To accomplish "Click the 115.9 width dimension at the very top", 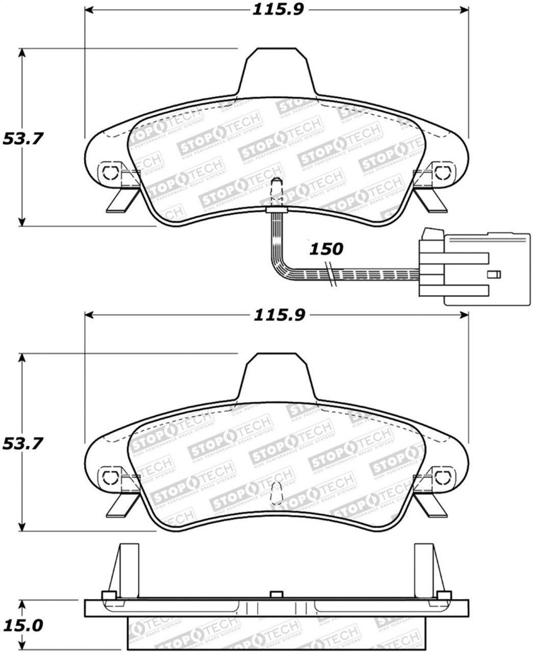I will pyautogui.click(x=277, y=10).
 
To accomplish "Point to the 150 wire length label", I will pyautogui.click(x=327, y=249).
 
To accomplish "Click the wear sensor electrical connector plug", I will pyautogui.click(x=474, y=268).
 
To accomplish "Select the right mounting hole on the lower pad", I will pyautogui.click(x=442, y=476).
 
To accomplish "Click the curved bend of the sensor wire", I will pyautogui.click(x=280, y=268).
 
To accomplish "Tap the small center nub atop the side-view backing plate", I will pyautogui.click(x=276, y=595).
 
